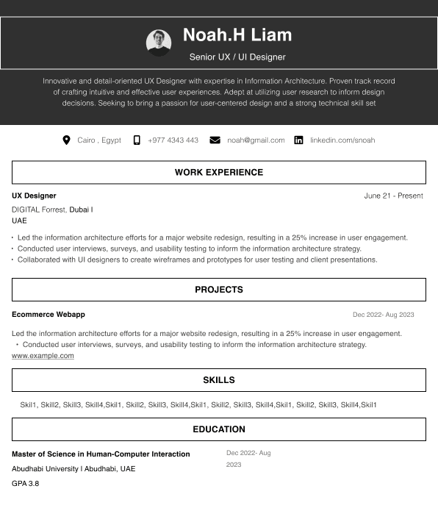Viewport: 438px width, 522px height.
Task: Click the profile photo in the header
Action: click(159, 43)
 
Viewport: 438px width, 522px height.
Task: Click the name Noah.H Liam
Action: click(237, 35)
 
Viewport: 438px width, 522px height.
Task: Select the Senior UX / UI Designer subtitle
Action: click(237, 57)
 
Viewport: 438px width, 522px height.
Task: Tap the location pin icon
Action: click(67, 140)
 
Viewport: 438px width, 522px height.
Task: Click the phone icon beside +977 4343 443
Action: click(137, 140)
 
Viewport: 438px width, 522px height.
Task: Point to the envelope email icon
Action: click(215, 140)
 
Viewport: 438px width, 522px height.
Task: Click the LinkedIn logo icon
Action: click(298, 140)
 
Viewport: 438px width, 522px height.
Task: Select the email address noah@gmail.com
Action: click(256, 140)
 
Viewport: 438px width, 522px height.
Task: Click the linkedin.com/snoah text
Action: click(342, 140)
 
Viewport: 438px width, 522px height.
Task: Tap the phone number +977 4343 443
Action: click(173, 140)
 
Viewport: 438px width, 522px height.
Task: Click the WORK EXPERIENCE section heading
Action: click(219, 173)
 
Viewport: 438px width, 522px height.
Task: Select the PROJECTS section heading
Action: click(219, 290)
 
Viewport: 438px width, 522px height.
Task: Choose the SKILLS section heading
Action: click(219, 380)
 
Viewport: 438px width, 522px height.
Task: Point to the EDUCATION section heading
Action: click(219, 429)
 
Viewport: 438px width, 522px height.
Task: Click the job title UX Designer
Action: click(34, 196)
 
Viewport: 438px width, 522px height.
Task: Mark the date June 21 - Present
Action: click(393, 196)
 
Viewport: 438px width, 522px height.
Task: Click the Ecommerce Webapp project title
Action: click(49, 315)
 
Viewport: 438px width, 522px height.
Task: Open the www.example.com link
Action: click(43, 356)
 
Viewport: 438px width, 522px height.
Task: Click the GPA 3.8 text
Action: click(25, 484)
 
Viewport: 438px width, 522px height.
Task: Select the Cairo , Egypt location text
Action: click(99, 140)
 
